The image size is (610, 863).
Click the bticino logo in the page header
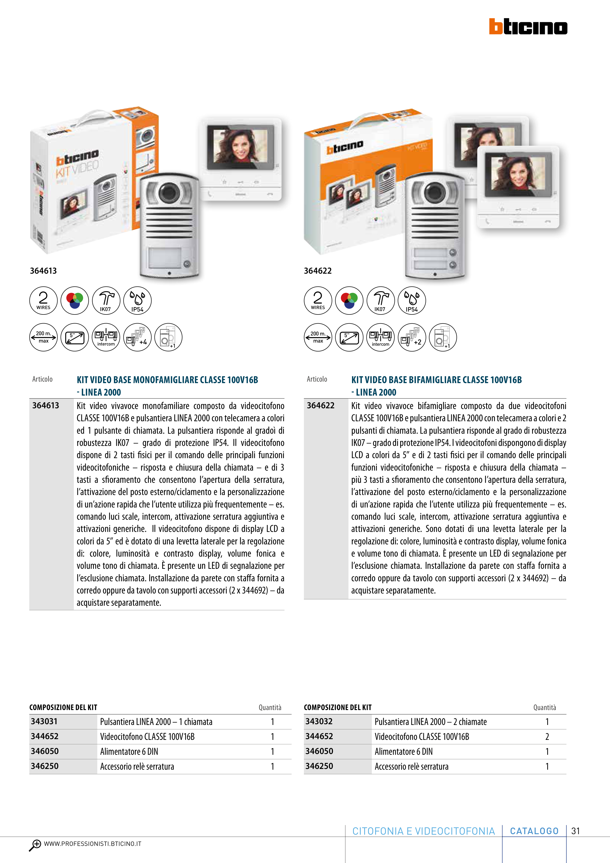pos(528,26)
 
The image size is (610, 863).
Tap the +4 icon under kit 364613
pos(138,337)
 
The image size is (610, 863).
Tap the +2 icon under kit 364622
pos(412,337)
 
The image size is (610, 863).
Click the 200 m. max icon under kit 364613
pos(43,337)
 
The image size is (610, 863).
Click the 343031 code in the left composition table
pos(44,721)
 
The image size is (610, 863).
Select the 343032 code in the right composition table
pos(319,721)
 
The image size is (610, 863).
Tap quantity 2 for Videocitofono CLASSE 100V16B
pos(547,736)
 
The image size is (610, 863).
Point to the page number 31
pos(575,831)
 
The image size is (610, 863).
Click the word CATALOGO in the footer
pos(534,831)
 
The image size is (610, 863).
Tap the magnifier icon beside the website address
pos(35,845)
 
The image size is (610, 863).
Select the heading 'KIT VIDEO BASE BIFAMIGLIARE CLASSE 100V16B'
pos(436,380)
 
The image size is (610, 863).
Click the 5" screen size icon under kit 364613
pos(75,337)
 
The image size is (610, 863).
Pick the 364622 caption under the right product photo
pos(318,271)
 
